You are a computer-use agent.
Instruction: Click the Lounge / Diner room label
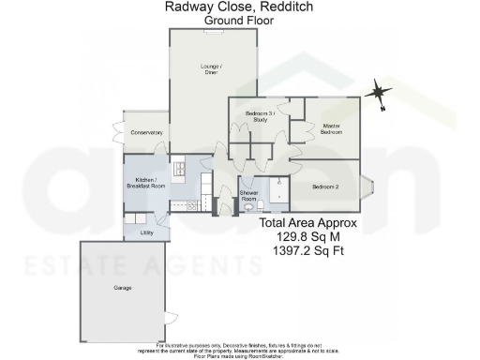tap(211, 68)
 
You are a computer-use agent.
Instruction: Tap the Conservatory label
tap(146, 133)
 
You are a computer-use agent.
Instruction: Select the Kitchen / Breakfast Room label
tap(145, 183)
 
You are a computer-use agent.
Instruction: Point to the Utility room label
tap(146, 232)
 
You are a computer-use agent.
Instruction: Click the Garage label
tap(122, 288)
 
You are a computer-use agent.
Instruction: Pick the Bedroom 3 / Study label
tap(258, 116)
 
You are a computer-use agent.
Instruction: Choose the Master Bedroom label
tap(331, 128)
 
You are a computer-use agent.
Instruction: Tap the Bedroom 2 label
tap(325, 186)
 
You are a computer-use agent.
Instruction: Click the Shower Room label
tap(248, 196)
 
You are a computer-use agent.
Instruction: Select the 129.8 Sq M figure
tap(308, 238)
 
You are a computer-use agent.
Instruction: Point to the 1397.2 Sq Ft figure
tap(308, 252)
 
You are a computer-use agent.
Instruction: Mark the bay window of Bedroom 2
tap(367, 186)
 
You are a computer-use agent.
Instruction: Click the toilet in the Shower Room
tap(247, 208)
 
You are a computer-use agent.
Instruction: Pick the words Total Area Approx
tap(308, 224)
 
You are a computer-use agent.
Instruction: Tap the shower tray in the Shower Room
tap(276, 193)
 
